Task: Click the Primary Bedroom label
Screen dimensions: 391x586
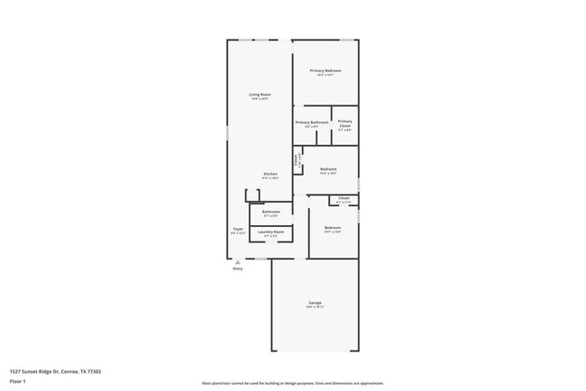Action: pyautogui.click(x=325, y=70)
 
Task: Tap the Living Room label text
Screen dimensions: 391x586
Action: pyautogui.click(x=260, y=94)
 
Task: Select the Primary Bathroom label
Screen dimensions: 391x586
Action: pyautogui.click(x=311, y=122)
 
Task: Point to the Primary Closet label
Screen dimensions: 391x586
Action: pyautogui.click(x=344, y=123)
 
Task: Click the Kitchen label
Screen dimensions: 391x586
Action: pyautogui.click(x=270, y=174)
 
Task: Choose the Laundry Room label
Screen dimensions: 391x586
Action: pyautogui.click(x=270, y=232)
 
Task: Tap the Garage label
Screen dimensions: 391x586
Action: pyautogui.click(x=315, y=302)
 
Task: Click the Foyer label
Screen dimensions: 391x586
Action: pyautogui.click(x=238, y=229)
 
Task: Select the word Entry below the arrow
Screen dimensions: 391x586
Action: pyautogui.click(x=238, y=268)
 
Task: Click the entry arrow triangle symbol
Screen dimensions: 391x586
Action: pyautogui.click(x=238, y=262)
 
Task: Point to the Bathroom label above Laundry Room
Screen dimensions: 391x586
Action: pyautogui.click(x=270, y=212)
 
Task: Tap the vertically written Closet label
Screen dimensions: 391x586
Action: pyautogui.click(x=296, y=159)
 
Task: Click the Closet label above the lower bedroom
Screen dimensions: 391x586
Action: pyautogui.click(x=343, y=197)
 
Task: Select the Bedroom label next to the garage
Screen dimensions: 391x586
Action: pyautogui.click(x=332, y=227)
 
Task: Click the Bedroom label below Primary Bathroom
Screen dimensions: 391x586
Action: pyautogui.click(x=328, y=168)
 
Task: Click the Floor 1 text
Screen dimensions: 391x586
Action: pyautogui.click(x=18, y=381)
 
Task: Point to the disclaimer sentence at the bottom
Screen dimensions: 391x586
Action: pyautogui.click(x=292, y=383)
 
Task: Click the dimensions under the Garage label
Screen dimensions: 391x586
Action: pyautogui.click(x=315, y=307)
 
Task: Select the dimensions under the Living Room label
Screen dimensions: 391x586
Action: pyautogui.click(x=260, y=99)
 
